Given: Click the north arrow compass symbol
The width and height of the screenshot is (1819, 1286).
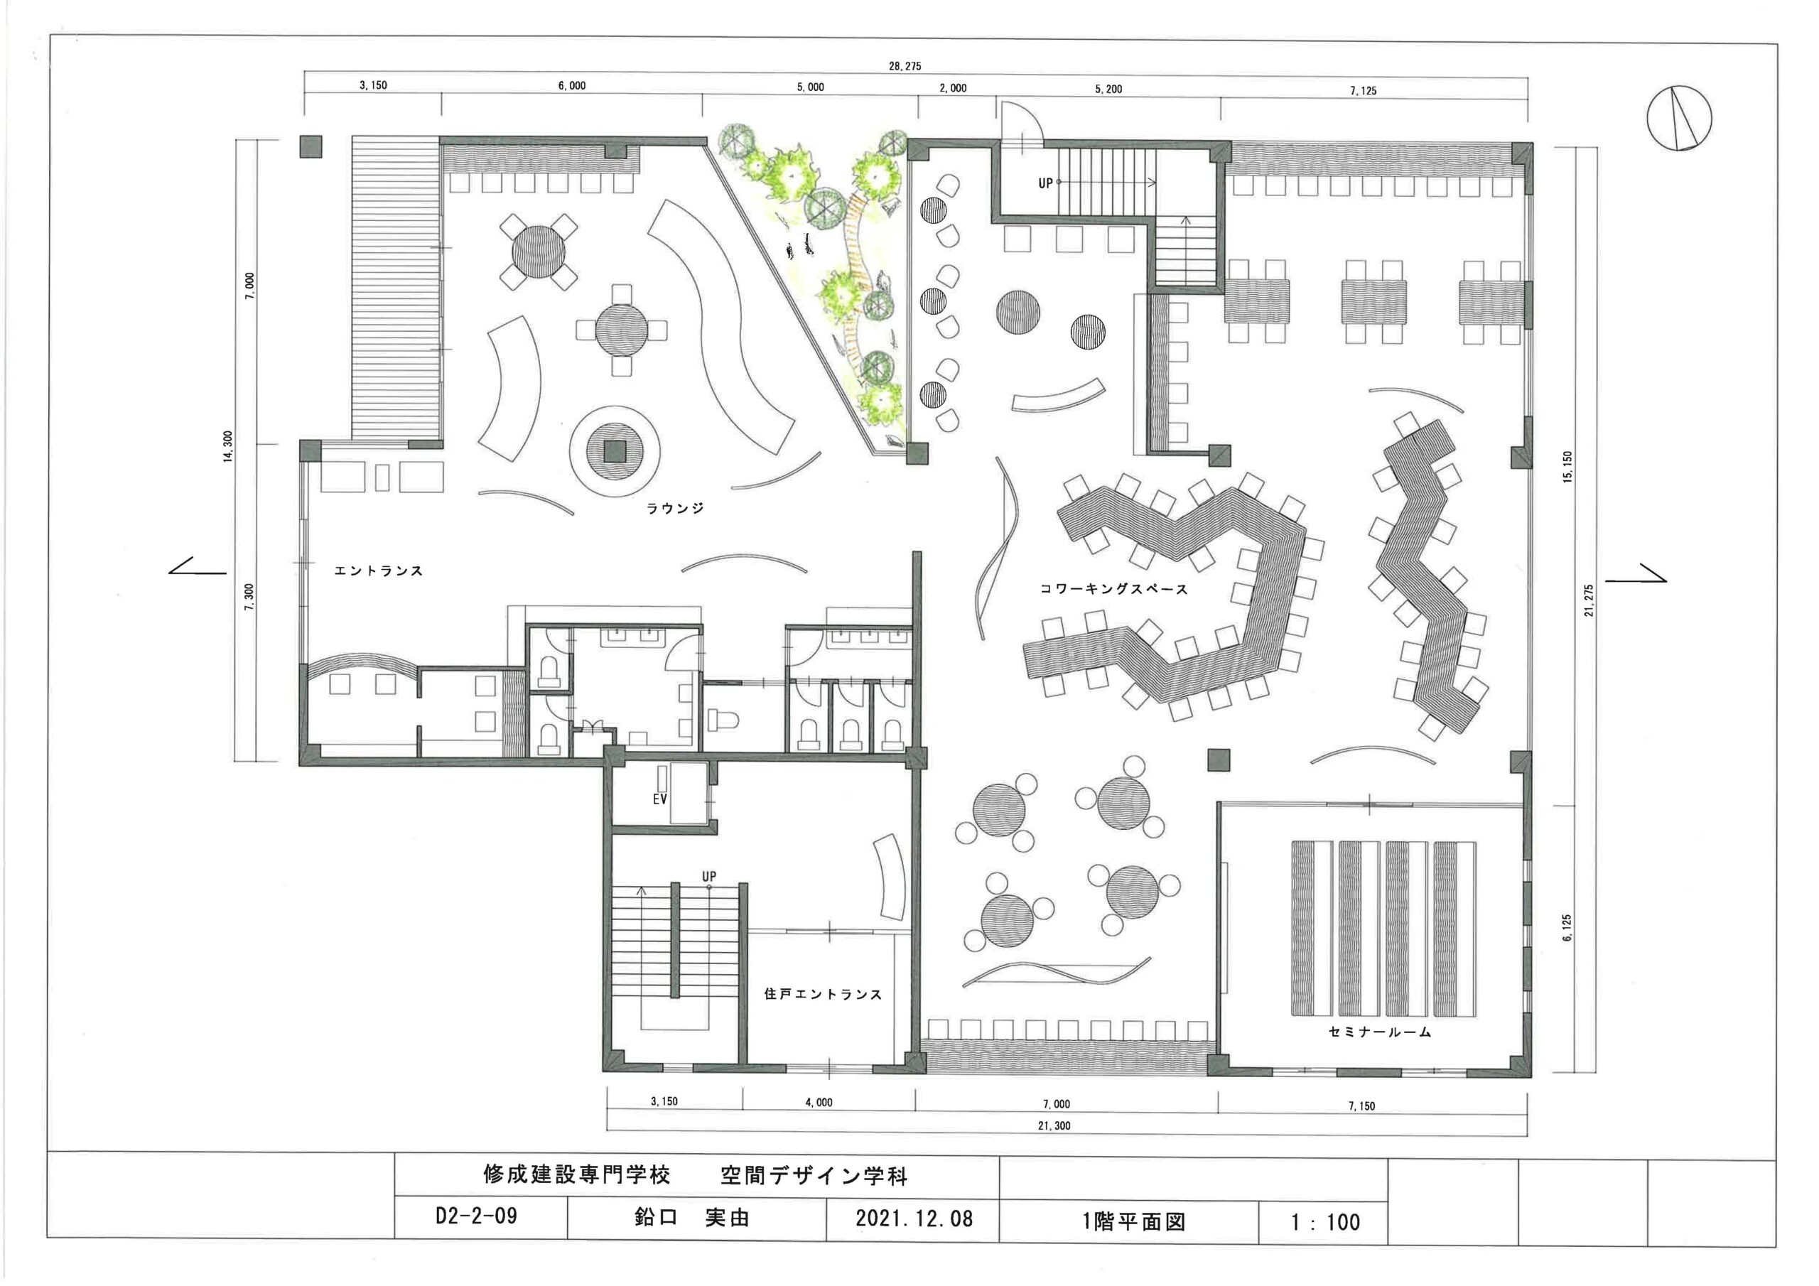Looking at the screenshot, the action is coord(1679,118).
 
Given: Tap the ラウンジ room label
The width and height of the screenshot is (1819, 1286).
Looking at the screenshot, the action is coord(675,509).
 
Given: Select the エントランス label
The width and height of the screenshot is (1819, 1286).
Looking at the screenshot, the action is coord(379,571).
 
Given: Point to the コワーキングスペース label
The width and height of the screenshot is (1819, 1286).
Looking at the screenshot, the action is coord(1114,589).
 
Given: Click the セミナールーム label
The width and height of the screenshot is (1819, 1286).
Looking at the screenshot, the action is coord(1380,1032).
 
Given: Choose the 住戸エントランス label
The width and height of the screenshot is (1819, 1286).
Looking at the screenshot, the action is coord(823,993).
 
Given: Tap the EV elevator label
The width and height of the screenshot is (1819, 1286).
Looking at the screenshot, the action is coord(660,799).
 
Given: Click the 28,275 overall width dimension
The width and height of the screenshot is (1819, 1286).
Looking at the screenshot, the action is coord(905,67).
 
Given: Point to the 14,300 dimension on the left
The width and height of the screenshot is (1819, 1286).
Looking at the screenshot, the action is coord(228,447).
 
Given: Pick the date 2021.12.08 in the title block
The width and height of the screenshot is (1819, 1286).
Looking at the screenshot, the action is coord(914,1218).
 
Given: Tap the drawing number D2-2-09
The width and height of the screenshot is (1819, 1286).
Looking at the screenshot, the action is coord(476,1216).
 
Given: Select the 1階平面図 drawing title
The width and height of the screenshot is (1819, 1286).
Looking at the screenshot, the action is coord(1134,1221).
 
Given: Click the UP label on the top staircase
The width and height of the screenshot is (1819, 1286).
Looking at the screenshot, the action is coord(1046,183).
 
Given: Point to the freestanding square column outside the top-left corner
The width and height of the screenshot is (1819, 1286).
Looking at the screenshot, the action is coord(311,146).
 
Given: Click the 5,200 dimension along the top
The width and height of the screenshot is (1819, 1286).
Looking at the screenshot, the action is coord(1108,89).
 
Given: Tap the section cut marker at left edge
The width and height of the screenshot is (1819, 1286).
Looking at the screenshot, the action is coord(198,566).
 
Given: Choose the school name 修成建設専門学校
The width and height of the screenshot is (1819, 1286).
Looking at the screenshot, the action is coord(577,1174).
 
